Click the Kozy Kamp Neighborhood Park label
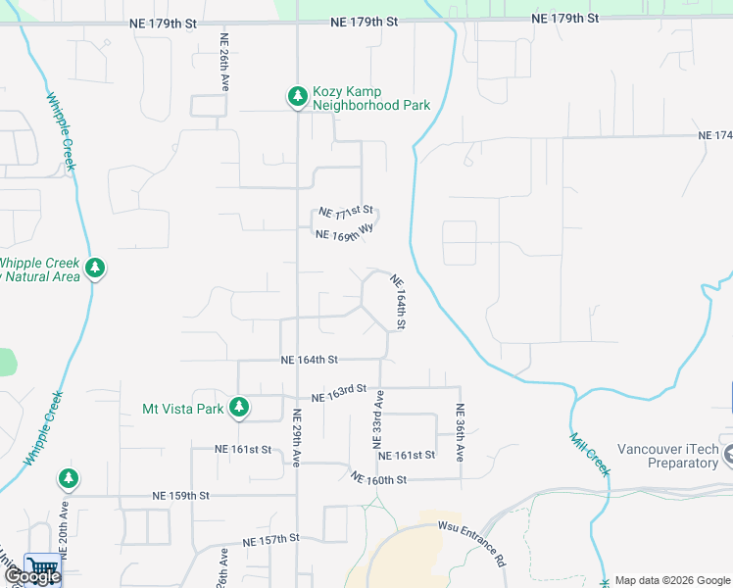pos(371,99)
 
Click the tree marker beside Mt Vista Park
pos(238,407)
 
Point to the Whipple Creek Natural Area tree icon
pos(94,268)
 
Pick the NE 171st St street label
pos(347,211)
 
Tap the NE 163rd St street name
pos(338,396)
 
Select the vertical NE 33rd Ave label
pos(378,418)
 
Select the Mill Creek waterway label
pos(590,456)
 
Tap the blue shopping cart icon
pos(42,567)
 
